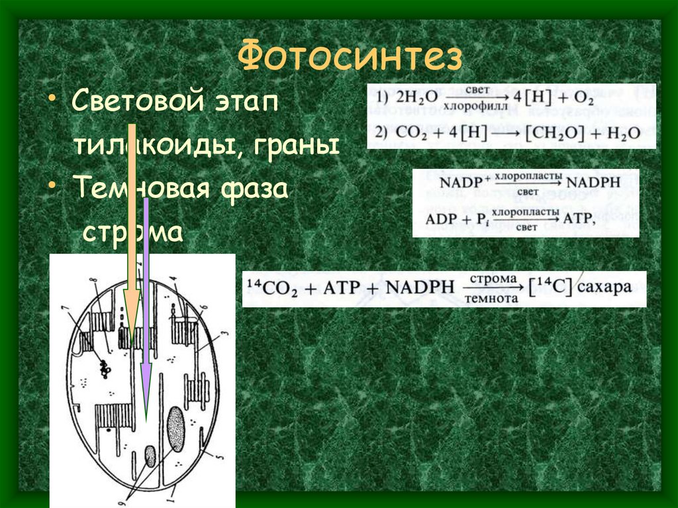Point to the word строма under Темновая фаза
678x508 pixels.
[x=132, y=233]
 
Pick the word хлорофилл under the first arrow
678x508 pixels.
[x=474, y=105]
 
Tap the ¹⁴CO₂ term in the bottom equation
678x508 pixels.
[x=270, y=288]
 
